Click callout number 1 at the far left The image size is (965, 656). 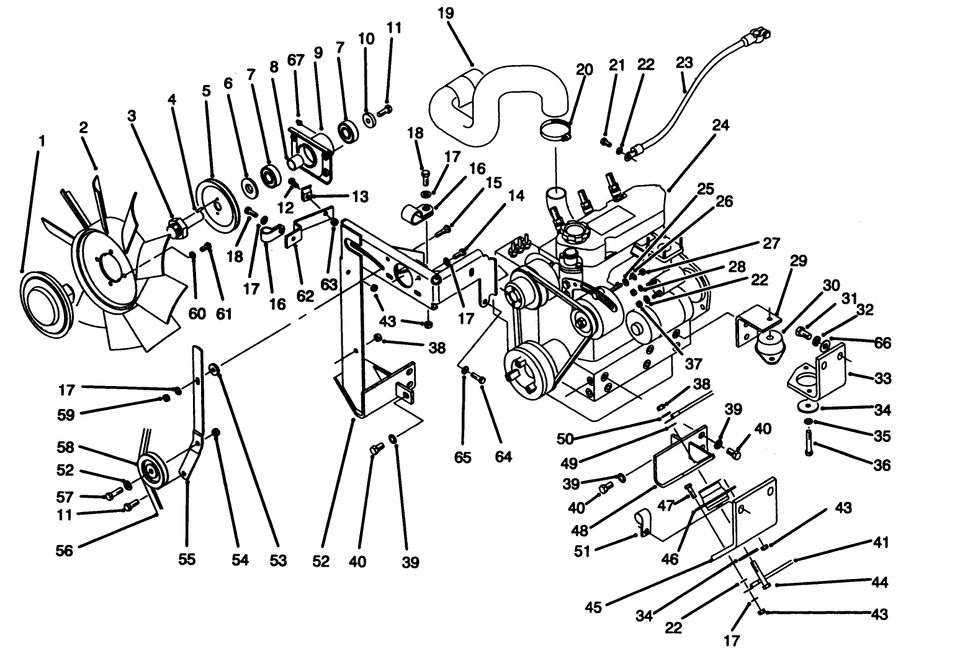coord(42,142)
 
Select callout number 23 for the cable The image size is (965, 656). coord(683,63)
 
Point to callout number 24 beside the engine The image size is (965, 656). coord(720,125)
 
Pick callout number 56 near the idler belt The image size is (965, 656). coord(64,550)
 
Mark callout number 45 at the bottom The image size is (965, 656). coord(593,606)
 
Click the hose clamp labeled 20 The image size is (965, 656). coord(555,132)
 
